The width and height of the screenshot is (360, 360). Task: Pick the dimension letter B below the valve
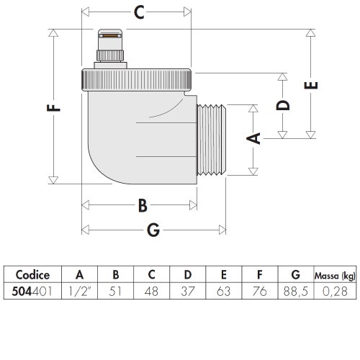142,206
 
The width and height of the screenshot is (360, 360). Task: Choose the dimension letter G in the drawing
153,230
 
